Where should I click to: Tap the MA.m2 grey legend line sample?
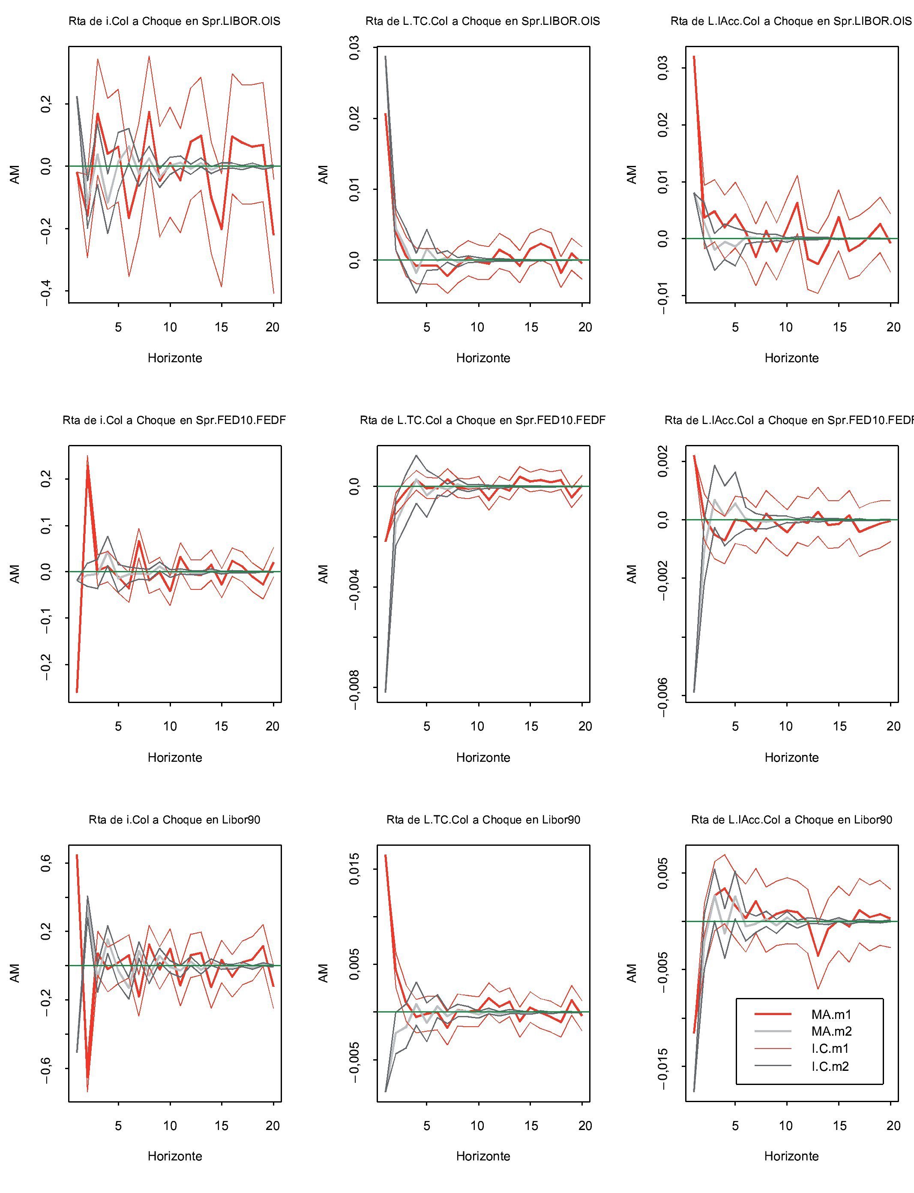point(773,1031)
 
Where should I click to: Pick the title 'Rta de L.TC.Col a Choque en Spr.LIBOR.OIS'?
point(482,22)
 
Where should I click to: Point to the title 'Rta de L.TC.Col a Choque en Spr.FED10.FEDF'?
point(482,420)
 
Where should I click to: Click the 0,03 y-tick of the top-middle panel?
point(355,48)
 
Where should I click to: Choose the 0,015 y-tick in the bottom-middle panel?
point(355,869)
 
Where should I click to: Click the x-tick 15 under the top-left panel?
point(222,327)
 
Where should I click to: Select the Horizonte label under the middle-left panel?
point(175,757)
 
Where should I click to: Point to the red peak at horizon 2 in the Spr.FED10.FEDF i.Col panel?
point(87,457)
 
